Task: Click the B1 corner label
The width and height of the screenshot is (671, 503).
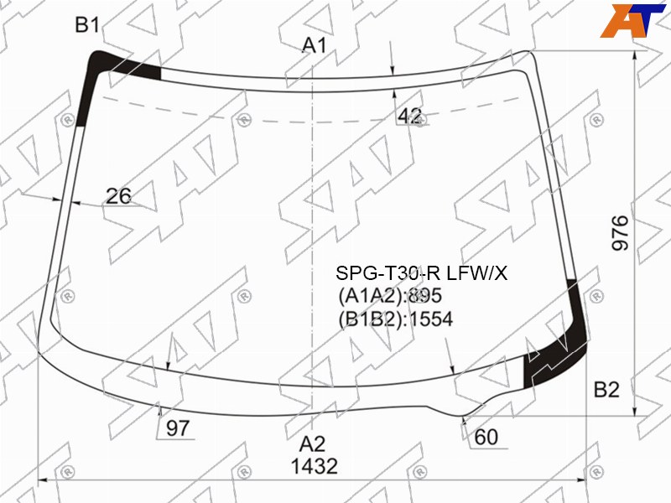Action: (87, 25)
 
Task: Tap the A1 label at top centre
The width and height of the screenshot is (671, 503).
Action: (315, 45)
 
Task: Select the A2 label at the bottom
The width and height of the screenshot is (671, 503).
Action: (312, 444)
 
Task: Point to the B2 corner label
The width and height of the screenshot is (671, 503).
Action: (606, 390)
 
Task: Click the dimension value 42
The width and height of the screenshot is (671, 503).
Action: (410, 116)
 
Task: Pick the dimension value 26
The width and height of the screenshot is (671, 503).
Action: (118, 196)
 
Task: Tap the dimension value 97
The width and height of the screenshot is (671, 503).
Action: (177, 428)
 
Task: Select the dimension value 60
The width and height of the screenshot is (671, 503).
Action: (486, 437)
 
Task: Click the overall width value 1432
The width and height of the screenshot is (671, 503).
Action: (315, 466)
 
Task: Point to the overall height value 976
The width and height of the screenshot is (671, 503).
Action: (620, 233)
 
